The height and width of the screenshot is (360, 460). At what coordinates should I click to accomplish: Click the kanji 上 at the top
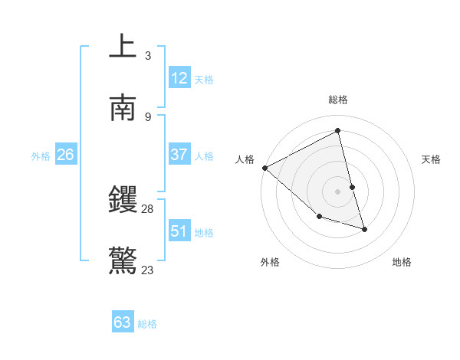[123, 47]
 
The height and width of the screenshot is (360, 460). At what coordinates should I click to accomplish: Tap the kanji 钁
[123, 201]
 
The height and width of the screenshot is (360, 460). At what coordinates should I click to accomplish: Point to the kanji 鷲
[123, 261]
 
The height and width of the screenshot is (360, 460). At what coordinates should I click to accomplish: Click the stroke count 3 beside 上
[148, 55]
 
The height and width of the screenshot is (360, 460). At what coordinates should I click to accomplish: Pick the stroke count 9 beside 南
[148, 116]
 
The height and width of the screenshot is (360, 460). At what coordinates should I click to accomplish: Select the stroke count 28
[148, 209]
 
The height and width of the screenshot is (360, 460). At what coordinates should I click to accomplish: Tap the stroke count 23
[148, 270]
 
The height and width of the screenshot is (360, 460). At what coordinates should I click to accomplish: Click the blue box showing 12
[179, 77]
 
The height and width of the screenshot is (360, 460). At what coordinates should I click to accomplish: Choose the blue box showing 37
[179, 155]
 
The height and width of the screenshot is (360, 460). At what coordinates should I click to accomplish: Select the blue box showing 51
[179, 231]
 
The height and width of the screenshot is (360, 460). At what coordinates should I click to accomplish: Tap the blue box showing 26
[65, 155]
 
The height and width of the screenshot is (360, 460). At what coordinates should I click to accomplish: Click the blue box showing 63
[123, 322]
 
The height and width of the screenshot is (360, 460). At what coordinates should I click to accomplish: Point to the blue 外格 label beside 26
[41, 155]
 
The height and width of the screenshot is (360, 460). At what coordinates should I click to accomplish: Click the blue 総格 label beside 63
[147, 324]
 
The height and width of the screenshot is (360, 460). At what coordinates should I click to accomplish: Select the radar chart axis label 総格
[338, 100]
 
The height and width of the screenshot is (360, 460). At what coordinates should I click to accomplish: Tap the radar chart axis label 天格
[432, 159]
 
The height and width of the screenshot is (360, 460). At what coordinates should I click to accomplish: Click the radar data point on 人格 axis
[264, 168]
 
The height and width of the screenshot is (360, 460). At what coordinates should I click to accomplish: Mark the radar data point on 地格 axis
[364, 229]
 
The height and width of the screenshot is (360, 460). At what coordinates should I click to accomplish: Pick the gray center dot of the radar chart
[338, 191]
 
